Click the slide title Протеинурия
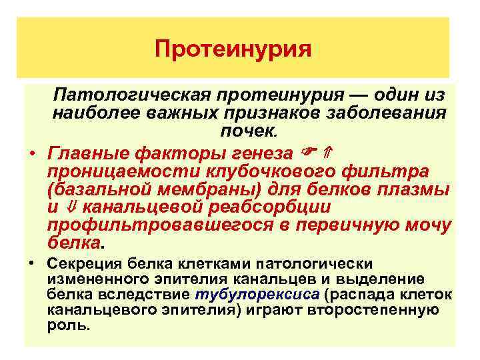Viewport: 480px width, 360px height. coord(233,49)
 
